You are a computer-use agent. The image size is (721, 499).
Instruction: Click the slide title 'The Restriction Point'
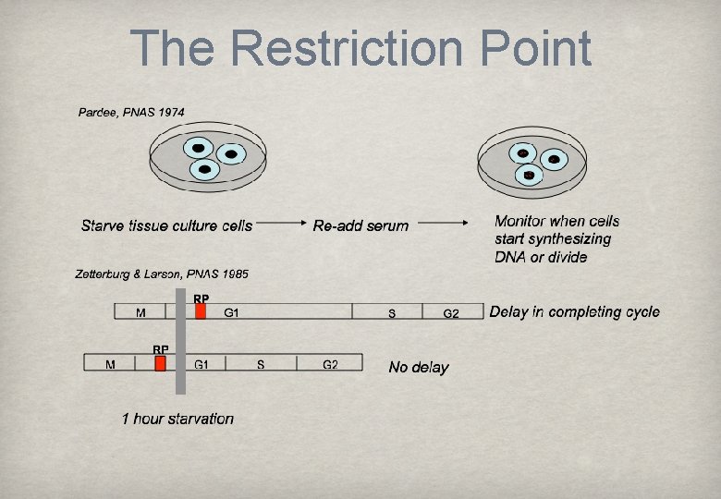point(360,48)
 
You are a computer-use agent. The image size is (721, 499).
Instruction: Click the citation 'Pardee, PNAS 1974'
point(130,112)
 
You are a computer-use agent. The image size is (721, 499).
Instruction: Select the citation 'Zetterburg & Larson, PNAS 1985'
point(161,274)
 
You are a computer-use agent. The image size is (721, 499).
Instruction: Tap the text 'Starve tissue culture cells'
point(166,225)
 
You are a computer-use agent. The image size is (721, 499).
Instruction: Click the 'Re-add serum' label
point(360,225)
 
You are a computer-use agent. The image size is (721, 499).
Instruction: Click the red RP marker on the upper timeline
point(201,311)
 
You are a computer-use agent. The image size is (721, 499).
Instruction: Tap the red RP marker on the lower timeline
point(160,364)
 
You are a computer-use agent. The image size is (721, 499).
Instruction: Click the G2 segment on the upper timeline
point(451,313)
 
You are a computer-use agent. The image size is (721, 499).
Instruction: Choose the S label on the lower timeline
point(261,364)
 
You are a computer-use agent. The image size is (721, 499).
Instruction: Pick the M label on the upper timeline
point(141,313)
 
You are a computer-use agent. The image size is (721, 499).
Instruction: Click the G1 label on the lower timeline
point(202,364)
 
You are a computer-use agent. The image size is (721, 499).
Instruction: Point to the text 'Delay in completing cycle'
point(574,311)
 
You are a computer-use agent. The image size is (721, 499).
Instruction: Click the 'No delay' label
point(419,367)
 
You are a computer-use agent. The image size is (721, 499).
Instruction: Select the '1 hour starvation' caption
point(177,419)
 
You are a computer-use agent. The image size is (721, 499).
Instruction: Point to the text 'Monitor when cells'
point(556,221)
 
